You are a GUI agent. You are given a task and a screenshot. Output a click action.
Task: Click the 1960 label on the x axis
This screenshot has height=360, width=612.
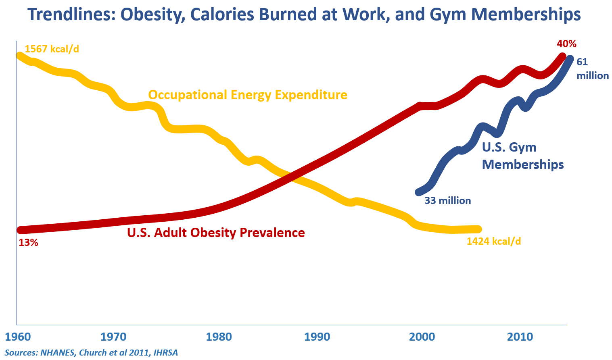click(x=18, y=337)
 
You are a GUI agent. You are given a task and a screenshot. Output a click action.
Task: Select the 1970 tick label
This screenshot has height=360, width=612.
click(x=113, y=337)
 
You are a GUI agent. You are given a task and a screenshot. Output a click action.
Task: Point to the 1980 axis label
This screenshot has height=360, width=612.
click(x=219, y=337)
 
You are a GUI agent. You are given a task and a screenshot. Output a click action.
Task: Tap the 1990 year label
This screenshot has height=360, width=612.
click(x=317, y=337)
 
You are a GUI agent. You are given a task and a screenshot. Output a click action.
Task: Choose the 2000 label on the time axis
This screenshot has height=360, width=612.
click(x=422, y=337)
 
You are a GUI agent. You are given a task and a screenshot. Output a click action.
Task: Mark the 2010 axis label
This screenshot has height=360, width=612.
click(x=520, y=337)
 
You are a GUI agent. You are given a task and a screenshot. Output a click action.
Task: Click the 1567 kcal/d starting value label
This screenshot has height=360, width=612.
click(x=52, y=49)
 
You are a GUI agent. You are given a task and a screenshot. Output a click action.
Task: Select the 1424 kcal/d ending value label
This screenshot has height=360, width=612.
click(x=493, y=241)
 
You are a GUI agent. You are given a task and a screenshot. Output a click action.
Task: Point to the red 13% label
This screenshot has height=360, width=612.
click(x=28, y=243)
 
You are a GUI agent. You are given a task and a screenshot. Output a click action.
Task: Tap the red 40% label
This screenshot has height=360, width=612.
click(x=566, y=44)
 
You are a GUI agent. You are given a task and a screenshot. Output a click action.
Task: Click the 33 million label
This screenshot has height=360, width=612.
click(x=447, y=201)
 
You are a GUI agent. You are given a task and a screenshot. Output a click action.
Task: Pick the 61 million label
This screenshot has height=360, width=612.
click(x=592, y=69)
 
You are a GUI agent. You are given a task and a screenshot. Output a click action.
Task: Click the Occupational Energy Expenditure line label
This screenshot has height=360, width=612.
click(x=248, y=95)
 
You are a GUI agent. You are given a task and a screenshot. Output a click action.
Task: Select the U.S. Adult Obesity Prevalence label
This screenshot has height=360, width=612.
click(x=216, y=233)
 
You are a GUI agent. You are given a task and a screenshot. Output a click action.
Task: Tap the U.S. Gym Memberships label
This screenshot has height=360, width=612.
click(x=522, y=156)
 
